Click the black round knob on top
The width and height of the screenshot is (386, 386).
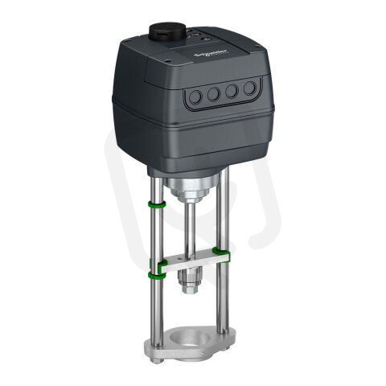pos(166,33)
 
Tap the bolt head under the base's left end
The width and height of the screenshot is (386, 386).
pos(158,357)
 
